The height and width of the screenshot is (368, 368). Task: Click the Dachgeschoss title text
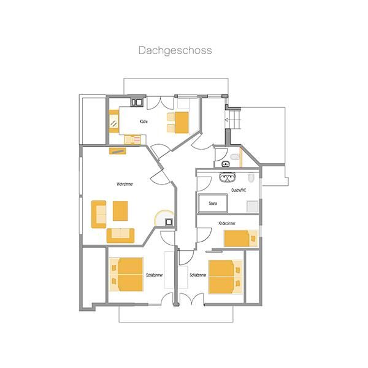(175, 50)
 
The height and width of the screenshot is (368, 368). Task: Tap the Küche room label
(144, 121)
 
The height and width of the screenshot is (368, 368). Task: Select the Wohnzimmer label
(125, 183)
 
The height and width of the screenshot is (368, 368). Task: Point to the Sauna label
(213, 202)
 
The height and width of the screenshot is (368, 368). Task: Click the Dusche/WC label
(239, 191)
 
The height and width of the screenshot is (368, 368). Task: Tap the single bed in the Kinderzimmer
(240, 238)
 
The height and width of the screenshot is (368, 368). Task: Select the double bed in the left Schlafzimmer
(126, 274)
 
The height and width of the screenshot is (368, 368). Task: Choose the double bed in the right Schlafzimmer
(225, 277)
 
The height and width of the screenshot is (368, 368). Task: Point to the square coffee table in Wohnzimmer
(121, 211)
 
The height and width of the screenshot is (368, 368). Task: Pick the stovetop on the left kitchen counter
(114, 123)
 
